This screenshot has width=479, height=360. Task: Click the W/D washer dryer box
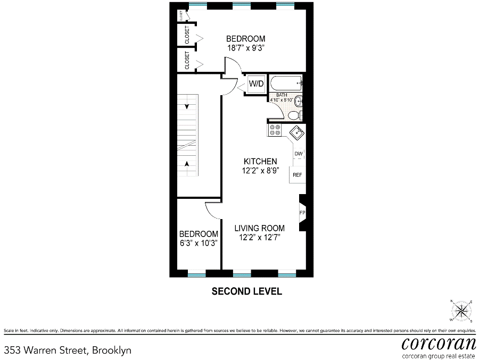pyautogui.click(x=256, y=83)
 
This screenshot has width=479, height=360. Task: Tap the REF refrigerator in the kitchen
pyautogui.click(x=297, y=174)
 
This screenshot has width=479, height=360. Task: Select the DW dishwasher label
pyautogui.click(x=299, y=154)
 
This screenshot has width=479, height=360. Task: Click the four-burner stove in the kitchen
pyautogui.click(x=274, y=130)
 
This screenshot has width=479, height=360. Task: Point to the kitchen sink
pyautogui.click(x=297, y=133)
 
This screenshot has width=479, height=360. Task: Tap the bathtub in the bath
pyautogui.click(x=286, y=83)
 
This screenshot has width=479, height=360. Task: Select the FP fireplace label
pyautogui.click(x=302, y=213)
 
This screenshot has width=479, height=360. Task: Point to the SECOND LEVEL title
pyautogui.click(x=247, y=291)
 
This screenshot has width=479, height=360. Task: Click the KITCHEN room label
pyautogui.click(x=260, y=161)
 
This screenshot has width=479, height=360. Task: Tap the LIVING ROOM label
pyautogui.click(x=259, y=228)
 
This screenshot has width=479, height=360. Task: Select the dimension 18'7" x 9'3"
pyautogui.click(x=245, y=48)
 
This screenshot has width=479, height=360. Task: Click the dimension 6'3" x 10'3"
pyautogui.click(x=199, y=243)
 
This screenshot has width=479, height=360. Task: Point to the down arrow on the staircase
pyautogui.click(x=187, y=106)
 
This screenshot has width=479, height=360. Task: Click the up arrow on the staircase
pyautogui.click(x=187, y=164)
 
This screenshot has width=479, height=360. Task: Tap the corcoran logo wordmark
pyautogui.click(x=439, y=344)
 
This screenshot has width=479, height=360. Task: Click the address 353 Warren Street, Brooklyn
pyautogui.click(x=68, y=350)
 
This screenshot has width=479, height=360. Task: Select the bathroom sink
pyautogui.click(x=299, y=101)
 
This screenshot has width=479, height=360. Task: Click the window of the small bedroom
pyautogui.click(x=197, y=275)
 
